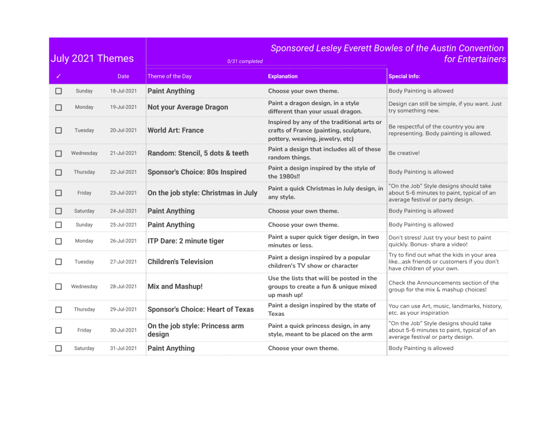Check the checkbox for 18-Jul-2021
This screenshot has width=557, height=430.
click(59, 91)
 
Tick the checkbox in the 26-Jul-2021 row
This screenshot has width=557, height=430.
click(59, 241)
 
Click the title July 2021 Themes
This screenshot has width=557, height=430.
click(92, 59)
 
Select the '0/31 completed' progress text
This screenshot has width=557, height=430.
click(245, 61)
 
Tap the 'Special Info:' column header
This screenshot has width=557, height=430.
click(404, 77)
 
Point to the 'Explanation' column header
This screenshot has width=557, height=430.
click(283, 77)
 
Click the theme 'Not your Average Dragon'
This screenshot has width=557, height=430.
click(188, 107)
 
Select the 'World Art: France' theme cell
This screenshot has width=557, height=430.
click(176, 130)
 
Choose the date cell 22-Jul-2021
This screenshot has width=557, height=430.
click(123, 172)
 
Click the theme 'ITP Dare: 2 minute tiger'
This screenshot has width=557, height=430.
click(185, 241)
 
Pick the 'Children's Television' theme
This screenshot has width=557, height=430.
click(181, 261)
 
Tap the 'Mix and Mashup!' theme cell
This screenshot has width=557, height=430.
click(175, 286)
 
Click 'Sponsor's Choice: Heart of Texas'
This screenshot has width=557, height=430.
click(201, 309)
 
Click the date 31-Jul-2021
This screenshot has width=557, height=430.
click(123, 348)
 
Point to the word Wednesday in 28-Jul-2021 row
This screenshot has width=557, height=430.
click(84, 286)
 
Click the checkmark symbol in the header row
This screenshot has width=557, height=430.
click(59, 77)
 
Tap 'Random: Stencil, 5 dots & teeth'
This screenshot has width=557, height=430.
click(198, 153)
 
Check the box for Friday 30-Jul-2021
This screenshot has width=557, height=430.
click(59, 330)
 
